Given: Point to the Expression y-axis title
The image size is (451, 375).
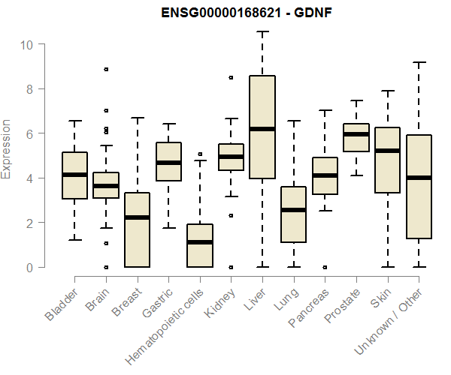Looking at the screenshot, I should pyautogui.click(x=7, y=148).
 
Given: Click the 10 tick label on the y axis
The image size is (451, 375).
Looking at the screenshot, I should pyautogui.click(x=27, y=44).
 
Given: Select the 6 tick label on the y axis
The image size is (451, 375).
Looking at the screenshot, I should pyautogui.click(x=27, y=133).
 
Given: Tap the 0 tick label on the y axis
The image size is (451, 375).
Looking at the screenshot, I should pyautogui.click(x=27, y=267).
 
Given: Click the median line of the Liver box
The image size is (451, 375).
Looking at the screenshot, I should pyautogui.click(x=262, y=129).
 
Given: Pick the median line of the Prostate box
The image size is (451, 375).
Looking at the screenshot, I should pyautogui.click(x=356, y=134).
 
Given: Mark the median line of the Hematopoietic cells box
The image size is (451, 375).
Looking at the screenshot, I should pyautogui.click(x=199, y=242).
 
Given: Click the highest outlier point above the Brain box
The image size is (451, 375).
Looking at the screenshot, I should pyautogui.click(x=106, y=69).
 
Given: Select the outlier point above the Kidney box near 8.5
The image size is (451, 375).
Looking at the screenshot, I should pyautogui.click(x=231, y=77).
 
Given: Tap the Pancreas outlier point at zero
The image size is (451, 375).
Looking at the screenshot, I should pyautogui.click(x=325, y=267).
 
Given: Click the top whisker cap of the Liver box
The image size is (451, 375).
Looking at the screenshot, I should pyautogui.click(x=262, y=31).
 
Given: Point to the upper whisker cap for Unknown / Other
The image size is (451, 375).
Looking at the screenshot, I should pyautogui.click(x=418, y=62).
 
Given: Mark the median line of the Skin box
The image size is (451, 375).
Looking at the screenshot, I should pyautogui.click(x=387, y=151).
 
